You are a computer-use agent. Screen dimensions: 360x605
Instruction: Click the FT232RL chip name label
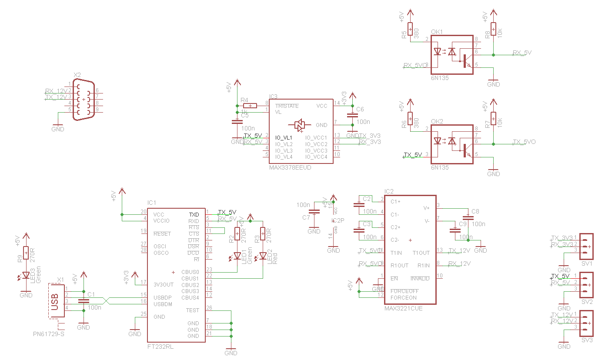pos(160,347)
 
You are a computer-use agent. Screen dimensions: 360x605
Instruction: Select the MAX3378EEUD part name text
pos(290,167)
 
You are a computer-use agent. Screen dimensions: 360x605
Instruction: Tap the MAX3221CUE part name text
pos(403,308)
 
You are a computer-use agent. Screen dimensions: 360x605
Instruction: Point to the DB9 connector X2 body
pos(84,100)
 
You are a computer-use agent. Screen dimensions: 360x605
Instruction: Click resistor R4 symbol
pos(250,106)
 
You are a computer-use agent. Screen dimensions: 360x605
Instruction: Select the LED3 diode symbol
pos(26,275)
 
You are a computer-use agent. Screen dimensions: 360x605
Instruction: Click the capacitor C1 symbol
pos(84,301)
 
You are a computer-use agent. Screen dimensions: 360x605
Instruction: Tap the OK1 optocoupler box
pos(451,55)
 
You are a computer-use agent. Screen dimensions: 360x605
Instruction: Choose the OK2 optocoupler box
pos(451,144)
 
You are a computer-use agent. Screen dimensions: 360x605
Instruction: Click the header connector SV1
pos(586,244)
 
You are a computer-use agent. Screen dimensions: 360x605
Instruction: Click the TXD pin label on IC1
pos(194,215)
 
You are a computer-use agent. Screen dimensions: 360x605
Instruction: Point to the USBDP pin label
pos(163,297)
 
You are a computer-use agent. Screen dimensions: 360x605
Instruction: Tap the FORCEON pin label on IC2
pos(403,298)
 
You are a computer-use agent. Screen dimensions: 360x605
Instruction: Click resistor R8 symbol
pos(493,29)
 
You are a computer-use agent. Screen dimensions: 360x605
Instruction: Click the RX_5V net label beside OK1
pos(522,53)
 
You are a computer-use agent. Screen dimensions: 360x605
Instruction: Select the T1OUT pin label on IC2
pos(421,253)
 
